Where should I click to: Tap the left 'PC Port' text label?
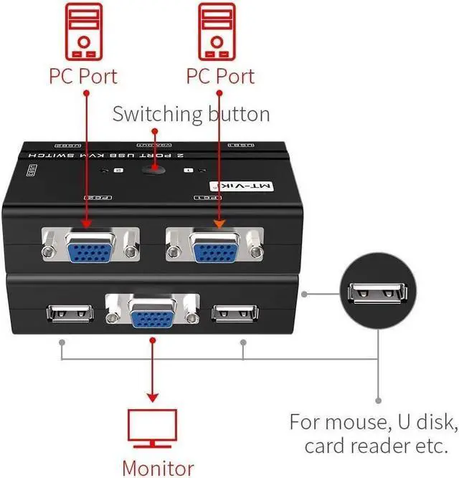coord(84,75)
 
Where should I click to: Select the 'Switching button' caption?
coord(191,113)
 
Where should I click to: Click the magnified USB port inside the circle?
coord(377,294)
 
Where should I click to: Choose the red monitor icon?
coord(152,427)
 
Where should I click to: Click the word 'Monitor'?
coord(158,467)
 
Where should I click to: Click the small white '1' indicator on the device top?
coord(188,171)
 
